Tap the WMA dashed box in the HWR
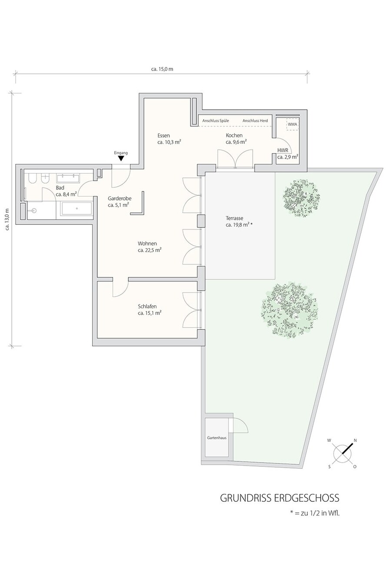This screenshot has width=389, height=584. coord(292,124)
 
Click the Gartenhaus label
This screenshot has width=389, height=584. coord(216,438)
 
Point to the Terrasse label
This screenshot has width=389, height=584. coord(234,218)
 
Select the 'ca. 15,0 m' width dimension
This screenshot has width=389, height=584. coord(162,69)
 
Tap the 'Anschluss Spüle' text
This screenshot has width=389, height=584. coord(216,121)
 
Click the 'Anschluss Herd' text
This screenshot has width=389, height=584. coord(255,121)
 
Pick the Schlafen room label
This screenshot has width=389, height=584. coord(147,307)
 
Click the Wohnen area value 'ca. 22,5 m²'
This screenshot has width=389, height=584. coord(150,250)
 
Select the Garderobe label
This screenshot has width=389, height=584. coord(120,199)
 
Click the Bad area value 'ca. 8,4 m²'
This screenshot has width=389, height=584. coord(66,194)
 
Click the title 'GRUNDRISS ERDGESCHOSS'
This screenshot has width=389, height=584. coord(279,498)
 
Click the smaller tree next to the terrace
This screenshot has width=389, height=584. coord(301,197)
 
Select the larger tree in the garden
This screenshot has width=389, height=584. coord(290,310)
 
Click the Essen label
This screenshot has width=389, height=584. coord(163,136)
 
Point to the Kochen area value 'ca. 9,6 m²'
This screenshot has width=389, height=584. coord(236,142)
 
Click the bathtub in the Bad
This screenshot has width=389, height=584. coord(76,209)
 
